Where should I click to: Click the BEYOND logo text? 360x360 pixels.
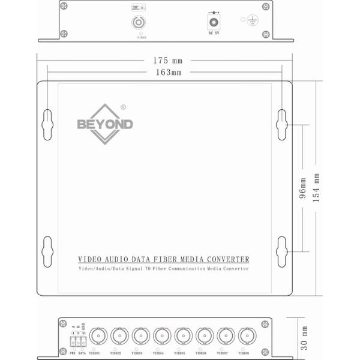click(x=105, y=125)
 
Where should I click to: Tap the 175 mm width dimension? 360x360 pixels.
click(x=167, y=61)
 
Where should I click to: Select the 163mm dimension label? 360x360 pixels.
click(x=168, y=72)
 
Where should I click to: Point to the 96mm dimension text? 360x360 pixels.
click(x=302, y=188)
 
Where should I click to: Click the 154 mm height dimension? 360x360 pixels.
click(x=317, y=188)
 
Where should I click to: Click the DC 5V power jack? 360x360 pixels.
click(x=212, y=23)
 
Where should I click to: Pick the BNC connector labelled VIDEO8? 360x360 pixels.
click(x=246, y=335)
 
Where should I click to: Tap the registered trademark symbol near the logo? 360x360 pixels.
click(x=123, y=107)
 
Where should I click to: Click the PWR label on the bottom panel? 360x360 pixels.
click(x=71, y=353)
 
